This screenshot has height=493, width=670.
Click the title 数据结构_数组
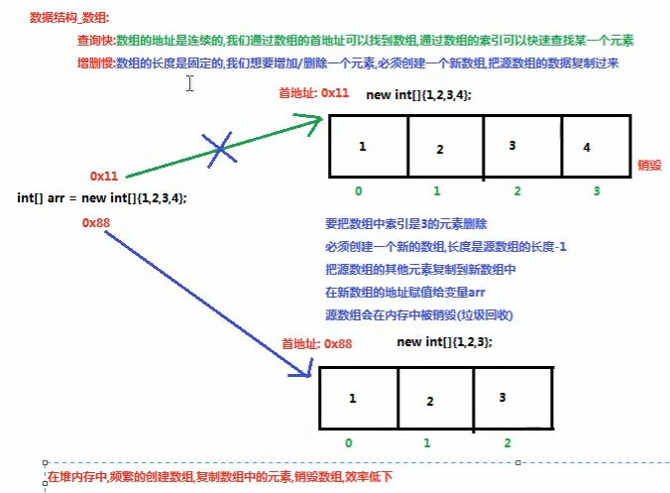click(x=69, y=18)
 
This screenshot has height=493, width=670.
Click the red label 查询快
click(x=95, y=41)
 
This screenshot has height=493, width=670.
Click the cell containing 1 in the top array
click(x=367, y=148)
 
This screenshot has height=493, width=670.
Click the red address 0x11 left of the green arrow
click(x=104, y=176)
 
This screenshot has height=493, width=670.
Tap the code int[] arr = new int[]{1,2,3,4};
click(x=102, y=197)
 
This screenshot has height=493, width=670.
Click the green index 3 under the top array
click(x=596, y=190)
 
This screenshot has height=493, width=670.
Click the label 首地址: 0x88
click(x=316, y=343)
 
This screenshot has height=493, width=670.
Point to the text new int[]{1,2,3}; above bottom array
click(x=443, y=341)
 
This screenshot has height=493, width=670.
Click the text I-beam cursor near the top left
click(x=188, y=84)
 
